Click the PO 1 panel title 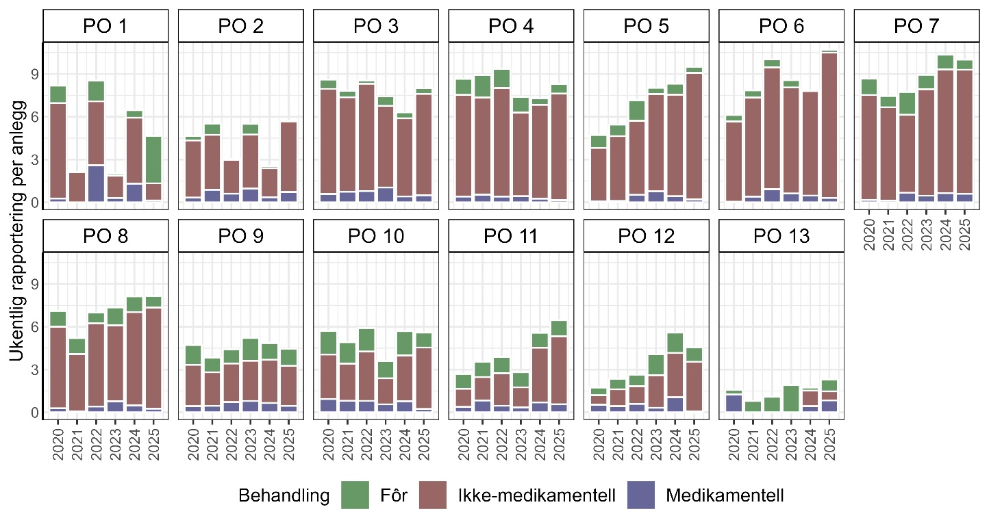(106, 27)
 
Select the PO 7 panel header (917, 27)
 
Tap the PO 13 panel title (781, 236)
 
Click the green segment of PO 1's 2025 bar (154, 159)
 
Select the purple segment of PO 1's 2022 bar (97, 183)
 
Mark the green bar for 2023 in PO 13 (791, 399)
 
